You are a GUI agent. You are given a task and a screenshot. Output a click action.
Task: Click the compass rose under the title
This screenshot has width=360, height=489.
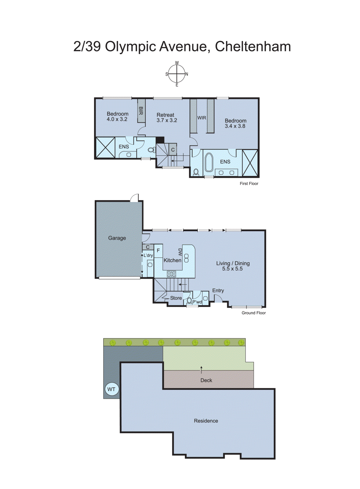[177, 74]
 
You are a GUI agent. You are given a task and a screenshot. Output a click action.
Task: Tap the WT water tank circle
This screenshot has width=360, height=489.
[111, 389]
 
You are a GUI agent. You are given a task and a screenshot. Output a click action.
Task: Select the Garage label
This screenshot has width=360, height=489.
[117, 238]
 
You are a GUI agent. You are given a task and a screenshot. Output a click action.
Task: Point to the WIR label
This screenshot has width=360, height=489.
[202, 118]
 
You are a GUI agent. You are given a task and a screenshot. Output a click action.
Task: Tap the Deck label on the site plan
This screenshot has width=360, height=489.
[206, 380]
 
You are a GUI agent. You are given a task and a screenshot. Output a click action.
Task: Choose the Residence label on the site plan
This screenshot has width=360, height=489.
[206, 421]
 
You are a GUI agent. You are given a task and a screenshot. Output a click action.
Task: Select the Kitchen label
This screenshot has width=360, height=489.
[172, 260]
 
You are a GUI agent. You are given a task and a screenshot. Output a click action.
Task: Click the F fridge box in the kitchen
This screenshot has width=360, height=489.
[158, 251]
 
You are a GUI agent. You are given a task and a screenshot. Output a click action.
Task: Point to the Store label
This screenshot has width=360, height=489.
[176, 298]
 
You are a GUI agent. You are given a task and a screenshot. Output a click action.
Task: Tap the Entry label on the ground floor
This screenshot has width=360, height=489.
[218, 290]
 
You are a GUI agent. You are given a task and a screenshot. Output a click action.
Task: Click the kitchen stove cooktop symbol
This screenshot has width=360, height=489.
[171, 274]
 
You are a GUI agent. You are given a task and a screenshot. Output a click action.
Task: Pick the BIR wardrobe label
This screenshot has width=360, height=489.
[141, 111]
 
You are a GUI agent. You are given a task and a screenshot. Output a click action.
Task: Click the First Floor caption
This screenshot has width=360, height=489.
[249, 183]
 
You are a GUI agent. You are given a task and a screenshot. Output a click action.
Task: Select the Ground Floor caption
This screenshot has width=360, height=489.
[253, 313]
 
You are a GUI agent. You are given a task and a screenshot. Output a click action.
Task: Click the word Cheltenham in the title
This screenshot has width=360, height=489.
[253, 46]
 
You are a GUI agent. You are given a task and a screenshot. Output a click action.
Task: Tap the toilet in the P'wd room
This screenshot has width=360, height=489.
[189, 301]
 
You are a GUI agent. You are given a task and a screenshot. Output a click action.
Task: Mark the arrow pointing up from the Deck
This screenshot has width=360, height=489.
[201, 370]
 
